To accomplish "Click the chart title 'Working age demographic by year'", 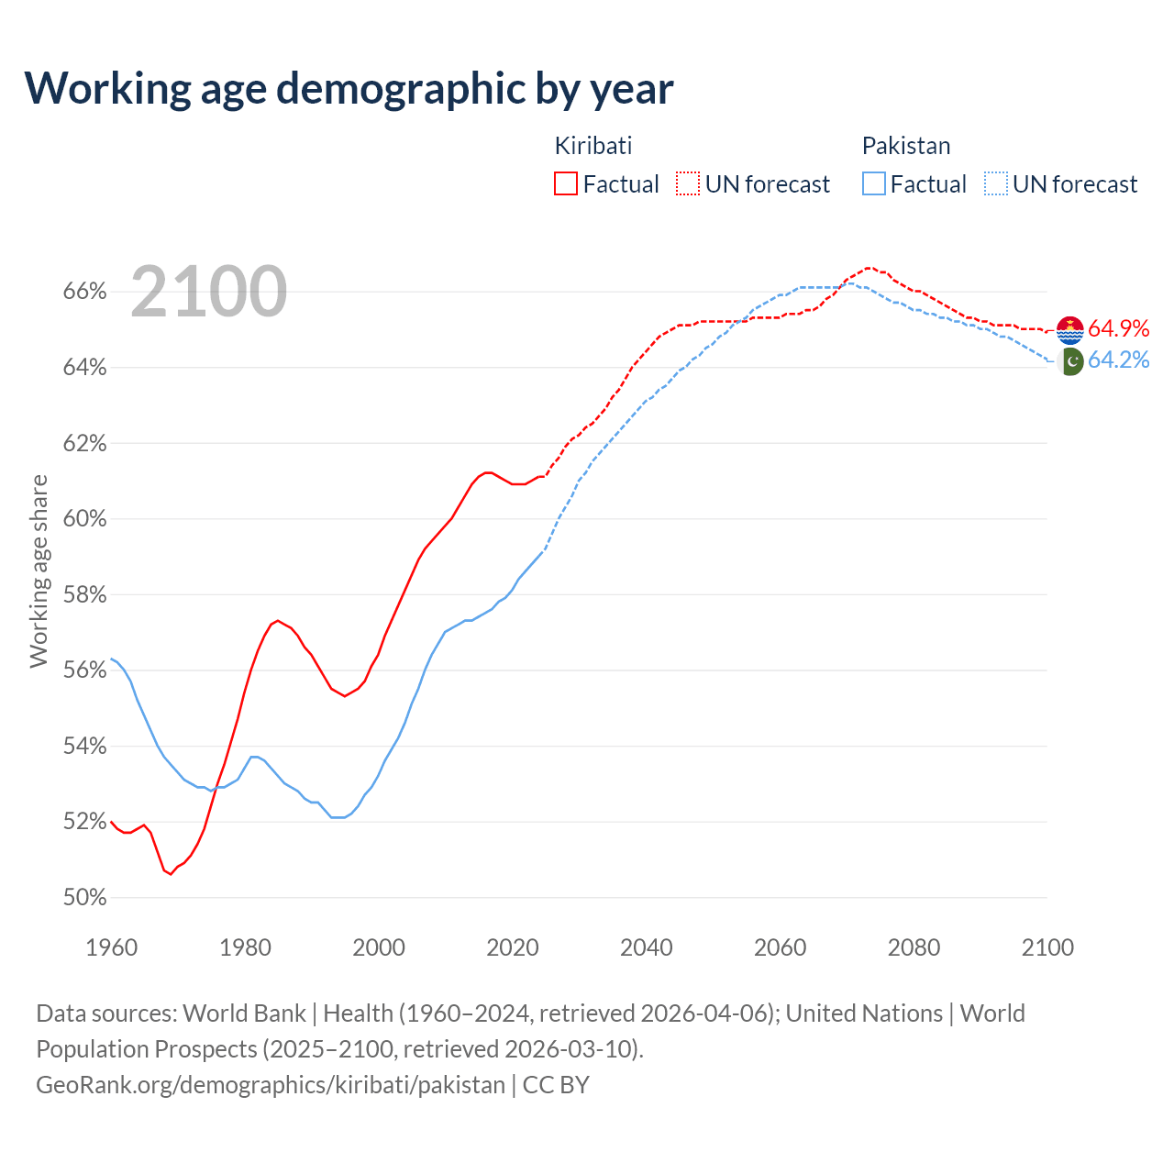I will pyautogui.click(x=349, y=88).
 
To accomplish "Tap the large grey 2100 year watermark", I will pyautogui.click(x=209, y=292).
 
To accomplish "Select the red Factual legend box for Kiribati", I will pyautogui.click(x=566, y=184).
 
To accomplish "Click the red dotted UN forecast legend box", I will pyautogui.click(x=688, y=184).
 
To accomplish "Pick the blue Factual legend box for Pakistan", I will pyautogui.click(x=874, y=184).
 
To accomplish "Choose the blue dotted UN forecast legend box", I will pyautogui.click(x=996, y=184).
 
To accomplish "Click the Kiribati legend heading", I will pyautogui.click(x=593, y=146).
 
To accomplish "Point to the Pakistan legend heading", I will pyautogui.click(x=906, y=146).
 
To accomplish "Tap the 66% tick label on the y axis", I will pyautogui.click(x=85, y=292).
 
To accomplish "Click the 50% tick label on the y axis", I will pyautogui.click(x=85, y=897).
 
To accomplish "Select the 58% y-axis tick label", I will pyautogui.click(x=85, y=594).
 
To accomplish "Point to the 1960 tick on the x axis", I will pyautogui.click(x=111, y=947).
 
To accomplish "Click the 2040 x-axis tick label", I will pyautogui.click(x=647, y=947).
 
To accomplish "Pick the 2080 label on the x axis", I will pyautogui.click(x=914, y=947).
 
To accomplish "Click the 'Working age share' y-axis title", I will pyautogui.click(x=39, y=570).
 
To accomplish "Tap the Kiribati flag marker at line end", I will pyautogui.click(x=1070, y=330).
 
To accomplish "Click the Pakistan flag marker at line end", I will pyautogui.click(x=1070, y=361).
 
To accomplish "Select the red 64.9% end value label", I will pyautogui.click(x=1119, y=329).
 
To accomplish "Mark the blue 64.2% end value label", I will pyautogui.click(x=1119, y=360).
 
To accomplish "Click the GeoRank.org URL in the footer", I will pyautogui.click(x=271, y=1085).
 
